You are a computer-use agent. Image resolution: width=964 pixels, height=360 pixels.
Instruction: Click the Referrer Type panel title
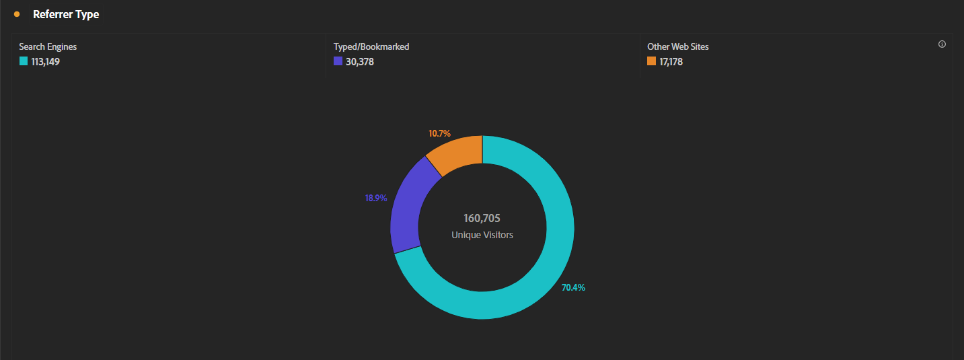pos(66,14)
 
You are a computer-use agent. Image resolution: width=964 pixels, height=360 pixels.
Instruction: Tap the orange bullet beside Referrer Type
pos(17,14)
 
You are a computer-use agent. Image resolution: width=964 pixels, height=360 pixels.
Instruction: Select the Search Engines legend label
pos(48,47)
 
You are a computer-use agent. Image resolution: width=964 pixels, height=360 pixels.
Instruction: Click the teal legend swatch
pos(24,61)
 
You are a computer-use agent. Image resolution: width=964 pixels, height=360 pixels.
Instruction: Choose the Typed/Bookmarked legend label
pos(371,47)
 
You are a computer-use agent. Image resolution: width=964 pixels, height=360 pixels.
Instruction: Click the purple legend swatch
pos(338,61)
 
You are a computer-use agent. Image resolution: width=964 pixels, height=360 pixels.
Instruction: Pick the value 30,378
pos(359,62)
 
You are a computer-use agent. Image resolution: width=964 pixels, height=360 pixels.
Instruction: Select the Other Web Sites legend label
pos(678,47)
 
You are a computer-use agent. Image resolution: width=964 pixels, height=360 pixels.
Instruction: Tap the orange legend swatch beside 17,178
pos(651,61)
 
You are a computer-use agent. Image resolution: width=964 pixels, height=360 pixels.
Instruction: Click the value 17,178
pos(671,62)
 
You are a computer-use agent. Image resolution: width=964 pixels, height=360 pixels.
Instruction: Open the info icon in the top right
pos(942,44)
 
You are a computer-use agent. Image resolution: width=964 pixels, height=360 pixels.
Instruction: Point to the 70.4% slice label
pos(573,288)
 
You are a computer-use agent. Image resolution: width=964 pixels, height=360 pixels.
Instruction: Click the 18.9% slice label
pos(376,199)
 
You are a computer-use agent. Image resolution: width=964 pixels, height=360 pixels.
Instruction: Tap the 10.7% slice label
pos(439,134)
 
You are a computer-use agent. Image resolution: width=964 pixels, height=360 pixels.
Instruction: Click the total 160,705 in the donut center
pos(482,219)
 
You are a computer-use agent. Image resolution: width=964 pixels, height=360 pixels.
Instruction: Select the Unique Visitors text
pos(482,236)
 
